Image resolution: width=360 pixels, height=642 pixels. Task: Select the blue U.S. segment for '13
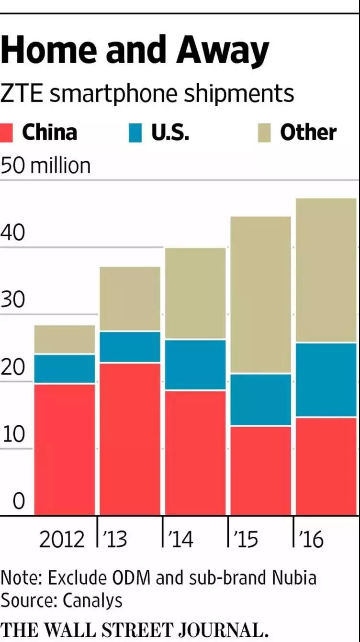[130, 347]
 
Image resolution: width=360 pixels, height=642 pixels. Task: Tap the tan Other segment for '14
[195, 293]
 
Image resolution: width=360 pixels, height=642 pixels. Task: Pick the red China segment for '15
[260, 470]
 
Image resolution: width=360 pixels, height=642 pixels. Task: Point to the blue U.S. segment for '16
[326, 380]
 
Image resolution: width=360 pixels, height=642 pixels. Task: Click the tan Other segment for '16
[326, 270]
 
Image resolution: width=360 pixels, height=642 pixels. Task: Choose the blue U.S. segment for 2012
[65, 368]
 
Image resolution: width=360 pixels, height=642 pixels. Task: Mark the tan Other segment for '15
[260, 295]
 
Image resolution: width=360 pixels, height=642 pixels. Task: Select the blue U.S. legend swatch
[135, 133]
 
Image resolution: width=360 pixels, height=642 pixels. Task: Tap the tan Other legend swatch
[265, 133]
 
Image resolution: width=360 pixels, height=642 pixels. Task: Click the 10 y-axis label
[12, 434]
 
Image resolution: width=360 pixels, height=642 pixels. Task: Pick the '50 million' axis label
[45, 166]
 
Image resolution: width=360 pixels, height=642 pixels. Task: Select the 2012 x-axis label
[62, 539]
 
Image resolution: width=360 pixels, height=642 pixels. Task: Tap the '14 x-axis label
[180, 539]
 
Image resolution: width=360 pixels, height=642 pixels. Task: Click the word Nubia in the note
[294, 578]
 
